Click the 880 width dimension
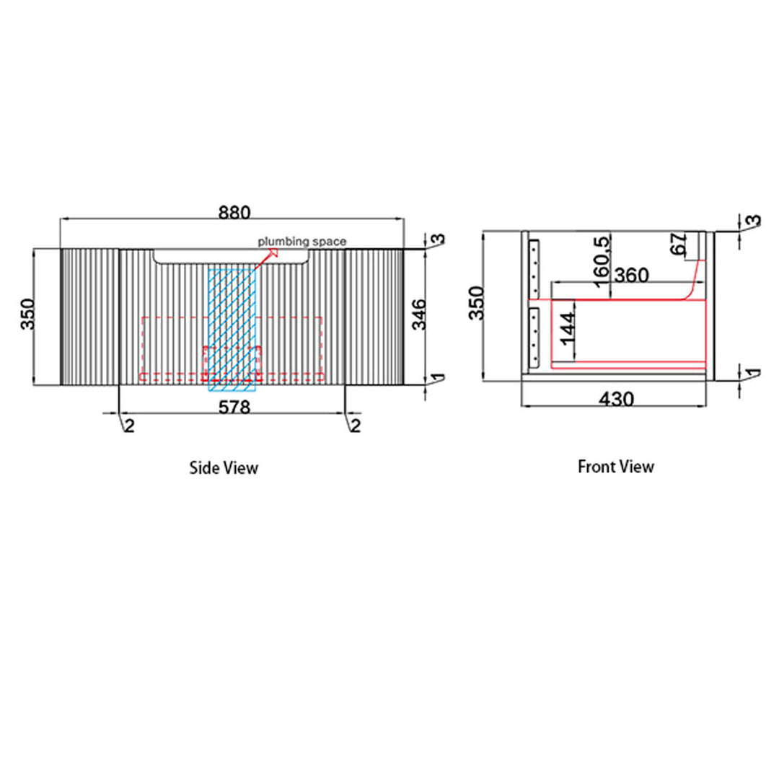(x=234, y=213)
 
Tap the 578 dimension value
(x=234, y=408)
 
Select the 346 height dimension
(x=419, y=314)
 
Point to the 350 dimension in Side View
(x=28, y=314)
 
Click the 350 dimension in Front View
(x=477, y=303)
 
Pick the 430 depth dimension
(x=616, y=399)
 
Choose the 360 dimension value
(x=631, y=275)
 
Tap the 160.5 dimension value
(x=601, y=262)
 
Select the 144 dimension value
(x=567, y=328)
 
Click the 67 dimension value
(x=679, y=244)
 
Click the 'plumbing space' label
(x=302, y=242)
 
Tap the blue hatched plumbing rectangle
(x=232, y=330)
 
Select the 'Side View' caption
(x=224, y=467)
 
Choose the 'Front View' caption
(x=615, y=467)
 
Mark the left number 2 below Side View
(x=129, y=426)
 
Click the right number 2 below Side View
(x=356, y=426)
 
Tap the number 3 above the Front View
(x=754, y=220)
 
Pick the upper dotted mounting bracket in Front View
(x=534, y=269)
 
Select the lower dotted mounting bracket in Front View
(x=534, y=338)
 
